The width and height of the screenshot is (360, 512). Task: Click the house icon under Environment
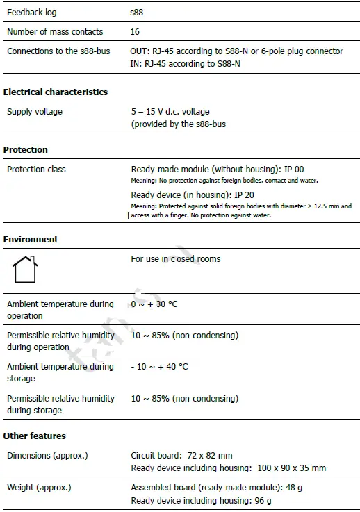[x=25, y=270]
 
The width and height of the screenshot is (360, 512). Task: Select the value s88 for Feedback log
[x=138, y=13]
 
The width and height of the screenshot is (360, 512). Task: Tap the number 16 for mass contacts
[x=136, y=32]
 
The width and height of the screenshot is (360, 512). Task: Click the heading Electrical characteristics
[x=56, y=92]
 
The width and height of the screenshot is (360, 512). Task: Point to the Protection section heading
[x=26, y=149]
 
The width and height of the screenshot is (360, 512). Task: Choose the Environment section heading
[x=31, y=239]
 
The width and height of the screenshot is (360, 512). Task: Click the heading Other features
[x=35, y=436]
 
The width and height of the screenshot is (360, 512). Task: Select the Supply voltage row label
[x=35, y=111]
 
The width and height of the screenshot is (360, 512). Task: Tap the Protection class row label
[x=37, y=169]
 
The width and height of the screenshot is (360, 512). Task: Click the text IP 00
[x=294, y=170]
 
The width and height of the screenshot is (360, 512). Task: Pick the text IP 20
[x=244, y=195]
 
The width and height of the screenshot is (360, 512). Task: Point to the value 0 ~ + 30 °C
[x=154, y=304]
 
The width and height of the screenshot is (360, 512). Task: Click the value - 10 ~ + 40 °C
[x=159, y=367]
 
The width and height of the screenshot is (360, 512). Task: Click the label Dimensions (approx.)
[x=47, y=456]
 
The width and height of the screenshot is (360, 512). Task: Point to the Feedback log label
[x=32, y=13]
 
